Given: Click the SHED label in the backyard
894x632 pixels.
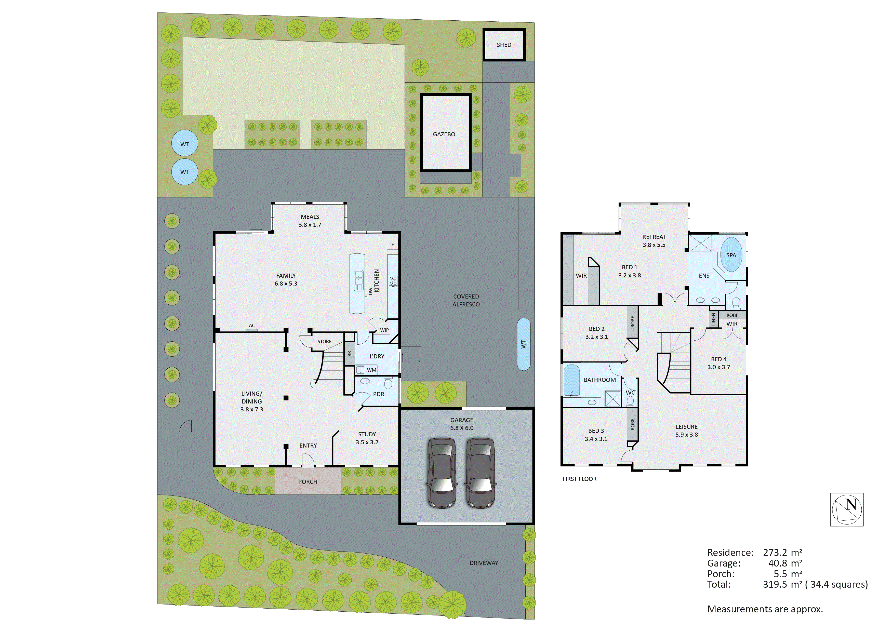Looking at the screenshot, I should pyautogui.click(x=504, y=45).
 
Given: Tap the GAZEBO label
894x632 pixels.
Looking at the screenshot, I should pyautogui.click(x=444, y=134).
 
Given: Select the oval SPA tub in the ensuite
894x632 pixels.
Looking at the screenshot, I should pyautogui.click(x=731, y=255).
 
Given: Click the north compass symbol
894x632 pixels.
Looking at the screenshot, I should pyautogui.click(x=847, y=509).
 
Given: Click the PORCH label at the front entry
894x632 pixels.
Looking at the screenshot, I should pyautogui.click(x=308, y=482).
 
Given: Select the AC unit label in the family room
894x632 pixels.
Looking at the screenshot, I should pyautogui.click(x=252, y=326).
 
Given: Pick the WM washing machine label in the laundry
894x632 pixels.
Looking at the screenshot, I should pyautogui.click(x=371, y=370).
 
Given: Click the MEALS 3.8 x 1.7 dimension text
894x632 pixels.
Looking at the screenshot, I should pyautogui.click(x=310, y=225).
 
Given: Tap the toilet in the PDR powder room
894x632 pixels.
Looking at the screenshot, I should pyautogui.click(x=388, y=384).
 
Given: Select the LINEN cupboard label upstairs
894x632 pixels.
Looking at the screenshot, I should pyautogui.click(x=713, y=319).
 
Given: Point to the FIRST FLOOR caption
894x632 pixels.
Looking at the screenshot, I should pyautogui.click(x=579, y=479).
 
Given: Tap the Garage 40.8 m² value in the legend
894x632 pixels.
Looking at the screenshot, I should pyautogui.click(x=785, y=563).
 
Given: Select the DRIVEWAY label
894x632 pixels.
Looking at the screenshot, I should pyautogui.click(x=484, y=563).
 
